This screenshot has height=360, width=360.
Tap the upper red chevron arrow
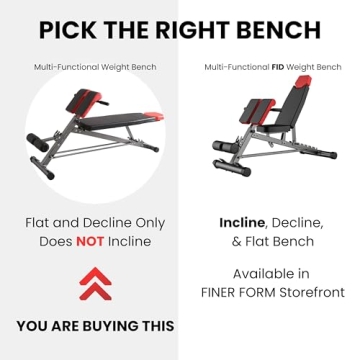(x=94, y=274)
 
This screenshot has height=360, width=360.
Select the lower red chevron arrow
(x=94, y=291)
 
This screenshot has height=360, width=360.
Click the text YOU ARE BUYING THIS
(x=94, y=325)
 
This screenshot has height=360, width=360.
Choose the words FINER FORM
(x=229, y=292)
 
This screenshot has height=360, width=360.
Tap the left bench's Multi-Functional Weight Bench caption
(x=94, y=67)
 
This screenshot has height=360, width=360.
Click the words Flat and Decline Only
(x=94, y=221)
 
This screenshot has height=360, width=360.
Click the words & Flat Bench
(x=272, y=241)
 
